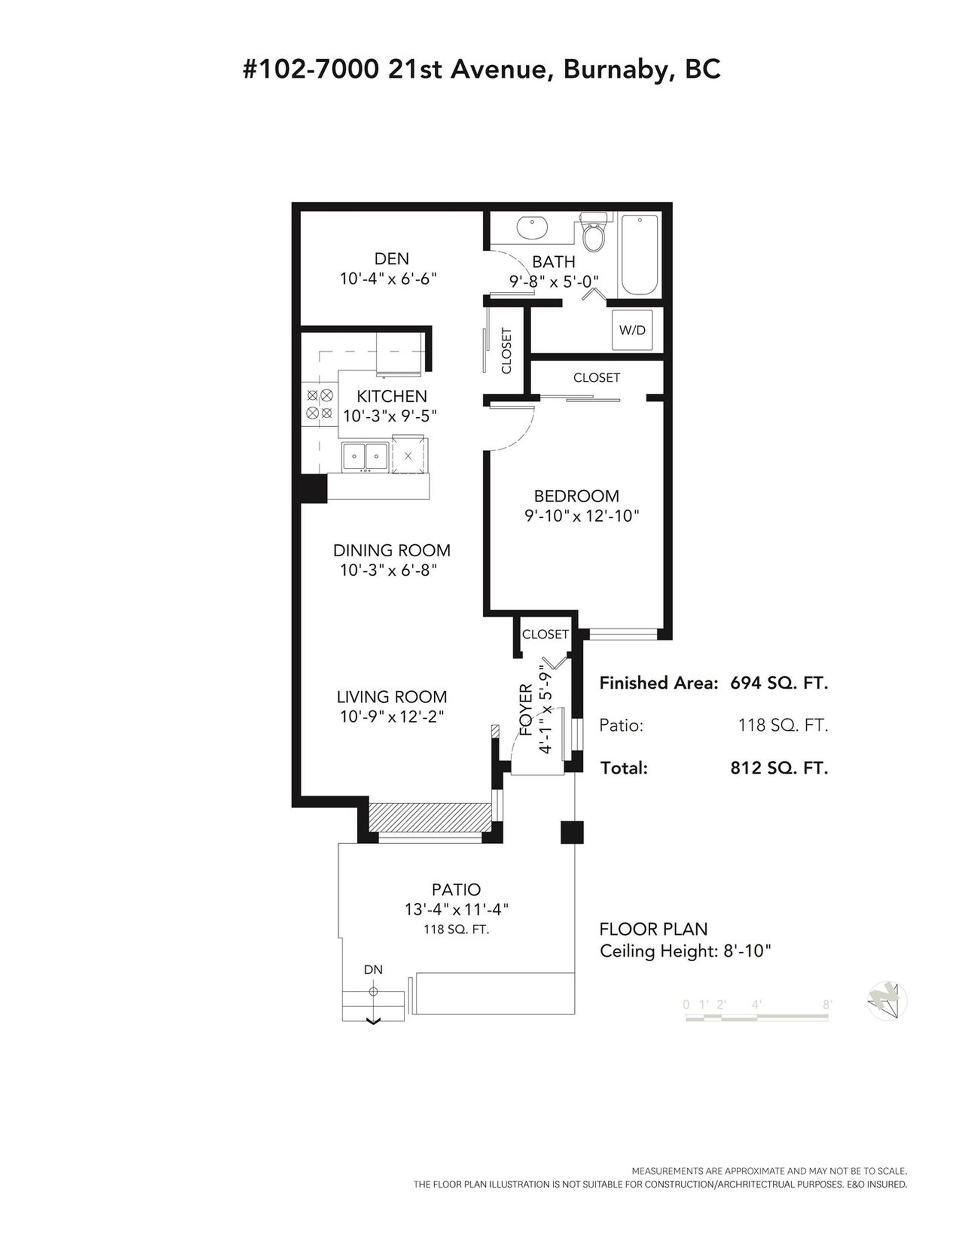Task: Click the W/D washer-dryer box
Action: pyautogui.click(x=632, y=330)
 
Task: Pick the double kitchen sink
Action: pyautogui.click(x=365, y=456)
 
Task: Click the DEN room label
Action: pyautogui.click(x=392, y=259)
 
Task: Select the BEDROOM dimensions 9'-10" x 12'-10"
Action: pyautogui.click(x=581, y=516)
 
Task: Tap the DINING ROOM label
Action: pyautogui.click(x=392, y=550)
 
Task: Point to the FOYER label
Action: pyautogui.click(x=526, y=710)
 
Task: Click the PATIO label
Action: pyautogui.click(x=456, y=889)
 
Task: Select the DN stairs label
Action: pyautogui.click(x=373, y=969)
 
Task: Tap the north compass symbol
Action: pyautogui.click(x=887, y=1001)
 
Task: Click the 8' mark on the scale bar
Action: pyautogui.click(x=826, y=1004)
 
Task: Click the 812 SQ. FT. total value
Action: pyautogui.click(x=779, y=768)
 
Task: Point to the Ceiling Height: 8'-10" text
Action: pyautogui.click(x=686, y=952)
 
